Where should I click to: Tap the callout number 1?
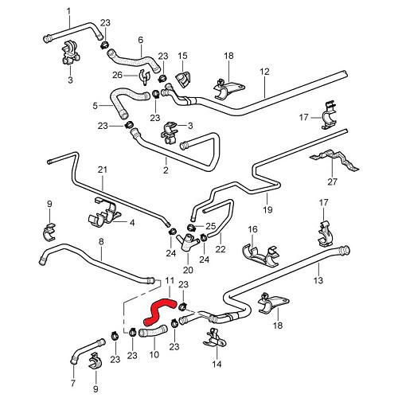coord(68,10)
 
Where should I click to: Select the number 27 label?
coord(354,181)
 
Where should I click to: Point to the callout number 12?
coord(263,72)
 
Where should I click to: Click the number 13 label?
coord(317,282)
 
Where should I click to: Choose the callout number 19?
coord(267,209)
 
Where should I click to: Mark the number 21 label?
coord(101,170)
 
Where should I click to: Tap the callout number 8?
coord(101,242)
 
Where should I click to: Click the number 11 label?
coord(168,281)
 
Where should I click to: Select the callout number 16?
coord(253,229)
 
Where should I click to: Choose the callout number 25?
coord(211,226)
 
